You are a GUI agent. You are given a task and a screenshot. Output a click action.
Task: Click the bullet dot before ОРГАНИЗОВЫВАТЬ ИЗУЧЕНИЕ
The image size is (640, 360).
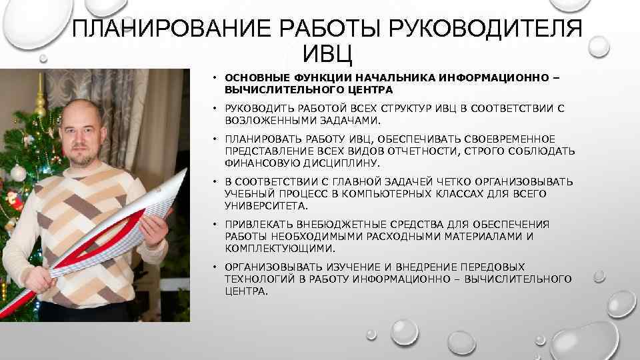(215, 267)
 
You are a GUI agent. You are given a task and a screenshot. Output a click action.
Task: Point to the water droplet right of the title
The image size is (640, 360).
(599, 45)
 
